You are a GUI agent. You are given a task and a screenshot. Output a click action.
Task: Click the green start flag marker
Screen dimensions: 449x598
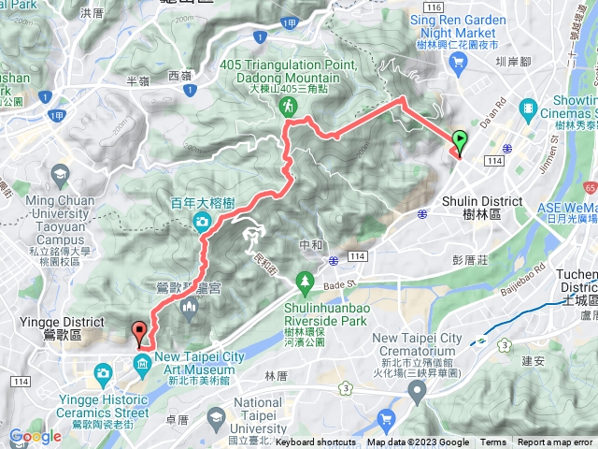coord(461,141)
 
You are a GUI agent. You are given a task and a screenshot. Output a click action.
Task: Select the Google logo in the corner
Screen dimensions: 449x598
coord(36,436)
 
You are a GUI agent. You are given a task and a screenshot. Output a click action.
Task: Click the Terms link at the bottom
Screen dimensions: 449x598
coord(493,442)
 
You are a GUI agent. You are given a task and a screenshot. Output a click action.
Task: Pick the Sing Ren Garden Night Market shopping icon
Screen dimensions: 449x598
coord(457,63)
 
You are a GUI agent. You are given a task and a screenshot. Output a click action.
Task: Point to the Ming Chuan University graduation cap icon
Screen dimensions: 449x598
coord(62,175)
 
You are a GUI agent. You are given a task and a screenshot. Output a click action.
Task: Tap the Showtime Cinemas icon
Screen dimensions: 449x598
coord(531,108)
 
